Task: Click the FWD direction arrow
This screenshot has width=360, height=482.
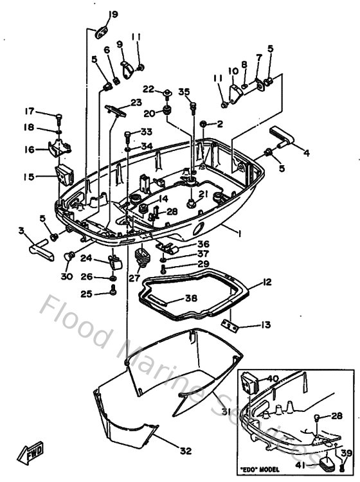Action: pos(31,455)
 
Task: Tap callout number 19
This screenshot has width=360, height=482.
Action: pos(113,14)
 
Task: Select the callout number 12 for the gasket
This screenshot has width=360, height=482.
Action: pos(267,282)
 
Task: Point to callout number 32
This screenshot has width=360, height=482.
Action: pos(186,451)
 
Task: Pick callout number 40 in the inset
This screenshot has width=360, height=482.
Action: pos(273,379)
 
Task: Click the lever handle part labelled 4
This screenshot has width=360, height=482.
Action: pos(283,139)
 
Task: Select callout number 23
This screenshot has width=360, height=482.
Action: pos(136,102)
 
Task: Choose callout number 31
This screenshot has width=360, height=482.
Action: pos(225,412)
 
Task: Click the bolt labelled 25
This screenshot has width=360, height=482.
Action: pos(114,293)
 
